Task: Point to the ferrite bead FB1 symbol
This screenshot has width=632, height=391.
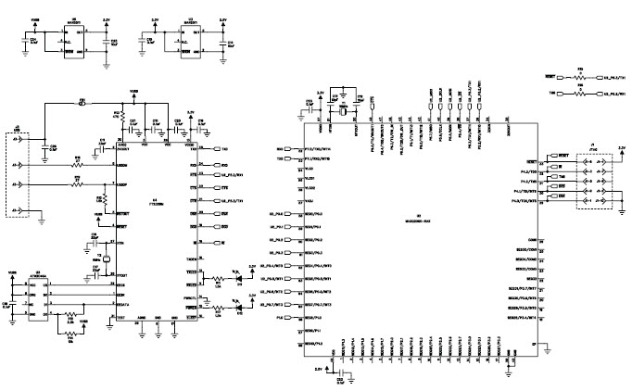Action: coord(82,102)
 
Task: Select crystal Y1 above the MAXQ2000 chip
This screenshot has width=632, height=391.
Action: coord(343,109)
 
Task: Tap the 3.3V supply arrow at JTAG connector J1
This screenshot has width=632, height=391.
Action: coord(621,148)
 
